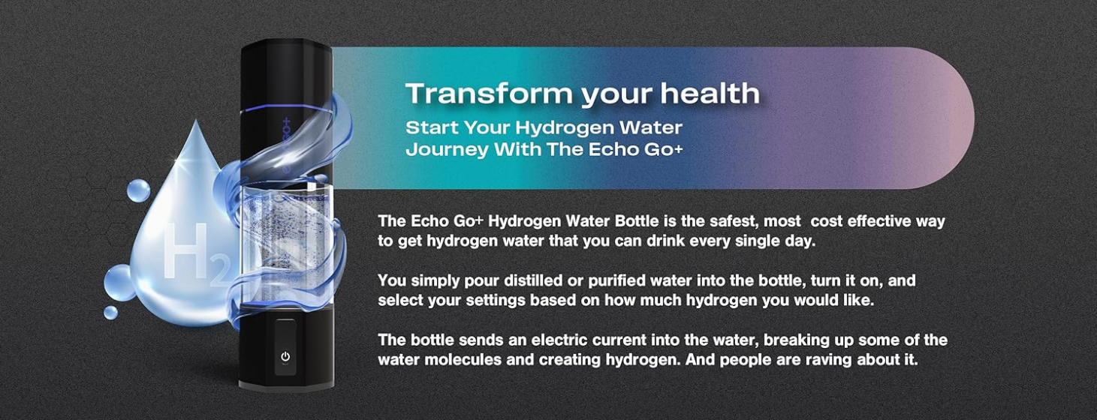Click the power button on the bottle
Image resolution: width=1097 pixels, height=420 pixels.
(285, 356)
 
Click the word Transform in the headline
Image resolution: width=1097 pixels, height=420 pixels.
(490, 94)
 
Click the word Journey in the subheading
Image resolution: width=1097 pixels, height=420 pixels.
(447, 149)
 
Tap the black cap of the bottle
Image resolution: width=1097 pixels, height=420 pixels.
(287, 75)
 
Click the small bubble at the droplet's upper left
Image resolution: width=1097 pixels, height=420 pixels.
(139, 190)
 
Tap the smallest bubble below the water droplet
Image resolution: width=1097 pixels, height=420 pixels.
(110, 313)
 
